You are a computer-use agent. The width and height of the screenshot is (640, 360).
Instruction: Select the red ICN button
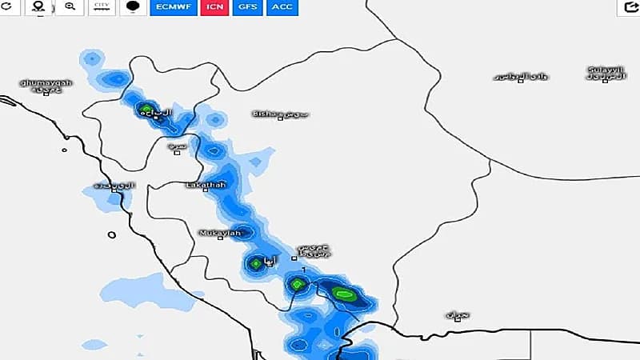click(x=214, y=6)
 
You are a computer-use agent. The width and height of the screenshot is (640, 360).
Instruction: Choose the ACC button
click(x=281, y=6)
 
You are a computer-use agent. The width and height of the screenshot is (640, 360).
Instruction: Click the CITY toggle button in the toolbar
click(x=102, y=6)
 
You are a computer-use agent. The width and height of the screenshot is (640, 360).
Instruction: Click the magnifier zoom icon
click(x=70, y=6)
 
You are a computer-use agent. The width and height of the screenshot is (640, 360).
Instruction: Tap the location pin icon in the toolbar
click(x=38, y=6)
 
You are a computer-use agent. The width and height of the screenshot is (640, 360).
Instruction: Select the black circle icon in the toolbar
click(x=132, y=6)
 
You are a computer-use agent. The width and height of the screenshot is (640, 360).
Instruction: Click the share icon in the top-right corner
click(x=629, y=7)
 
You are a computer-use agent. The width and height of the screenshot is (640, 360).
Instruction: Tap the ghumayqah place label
click(x=46, y=82)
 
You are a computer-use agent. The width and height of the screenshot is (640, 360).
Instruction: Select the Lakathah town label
click(x=206, y=185)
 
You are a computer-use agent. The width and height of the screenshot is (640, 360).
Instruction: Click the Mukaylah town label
click(x=219, y=233)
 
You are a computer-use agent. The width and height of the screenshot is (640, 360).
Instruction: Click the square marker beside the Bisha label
click(x=280, y=118)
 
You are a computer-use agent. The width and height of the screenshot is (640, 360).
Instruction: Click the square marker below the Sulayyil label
click(x=605, y=81)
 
